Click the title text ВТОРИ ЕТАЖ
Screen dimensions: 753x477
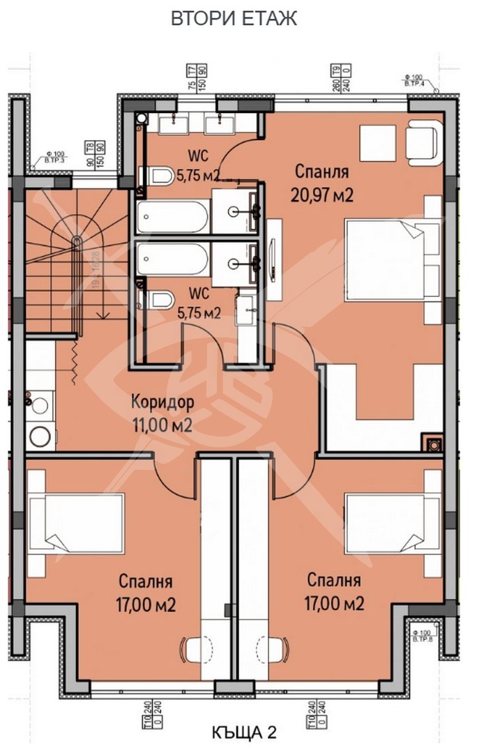pyautogui.click(x=234, y=19)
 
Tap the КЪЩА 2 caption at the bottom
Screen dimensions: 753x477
pyautogui.click(x=243, y=732)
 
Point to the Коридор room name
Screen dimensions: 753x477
pyautogui.click(x=162, y=403)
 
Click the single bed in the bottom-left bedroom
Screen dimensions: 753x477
pyautogui.click(x=77, y=524)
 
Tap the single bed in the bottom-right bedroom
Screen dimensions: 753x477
pyautogui.click(x=393, y=524)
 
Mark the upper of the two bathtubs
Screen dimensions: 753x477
pyautogui.click(x=172, y=218)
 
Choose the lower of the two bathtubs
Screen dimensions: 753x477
pyautogui.click(x=172, y=259)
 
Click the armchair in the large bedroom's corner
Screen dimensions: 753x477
pyautogui.click(x=424, y=139)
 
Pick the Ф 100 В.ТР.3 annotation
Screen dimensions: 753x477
pyautogui.click(x=55, y=158)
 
